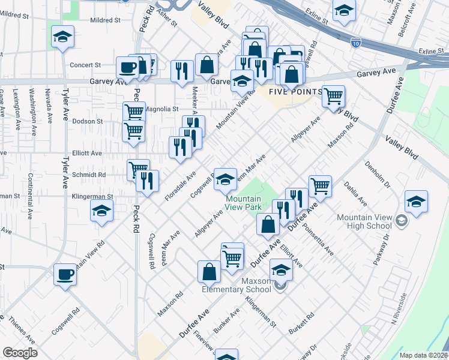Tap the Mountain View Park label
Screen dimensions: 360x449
(243, 203)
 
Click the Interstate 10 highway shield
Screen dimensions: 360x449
(356, 43)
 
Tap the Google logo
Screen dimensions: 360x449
(19, 353)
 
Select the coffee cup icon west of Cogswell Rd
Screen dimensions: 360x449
(65, 275)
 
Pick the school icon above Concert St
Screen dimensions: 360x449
(62, 37)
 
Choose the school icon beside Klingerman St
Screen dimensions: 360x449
(101, 211)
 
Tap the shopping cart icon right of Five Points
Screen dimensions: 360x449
(333, 96)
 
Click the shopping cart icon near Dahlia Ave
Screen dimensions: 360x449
(320, 185)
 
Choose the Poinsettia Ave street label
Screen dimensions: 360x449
(318, 240)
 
